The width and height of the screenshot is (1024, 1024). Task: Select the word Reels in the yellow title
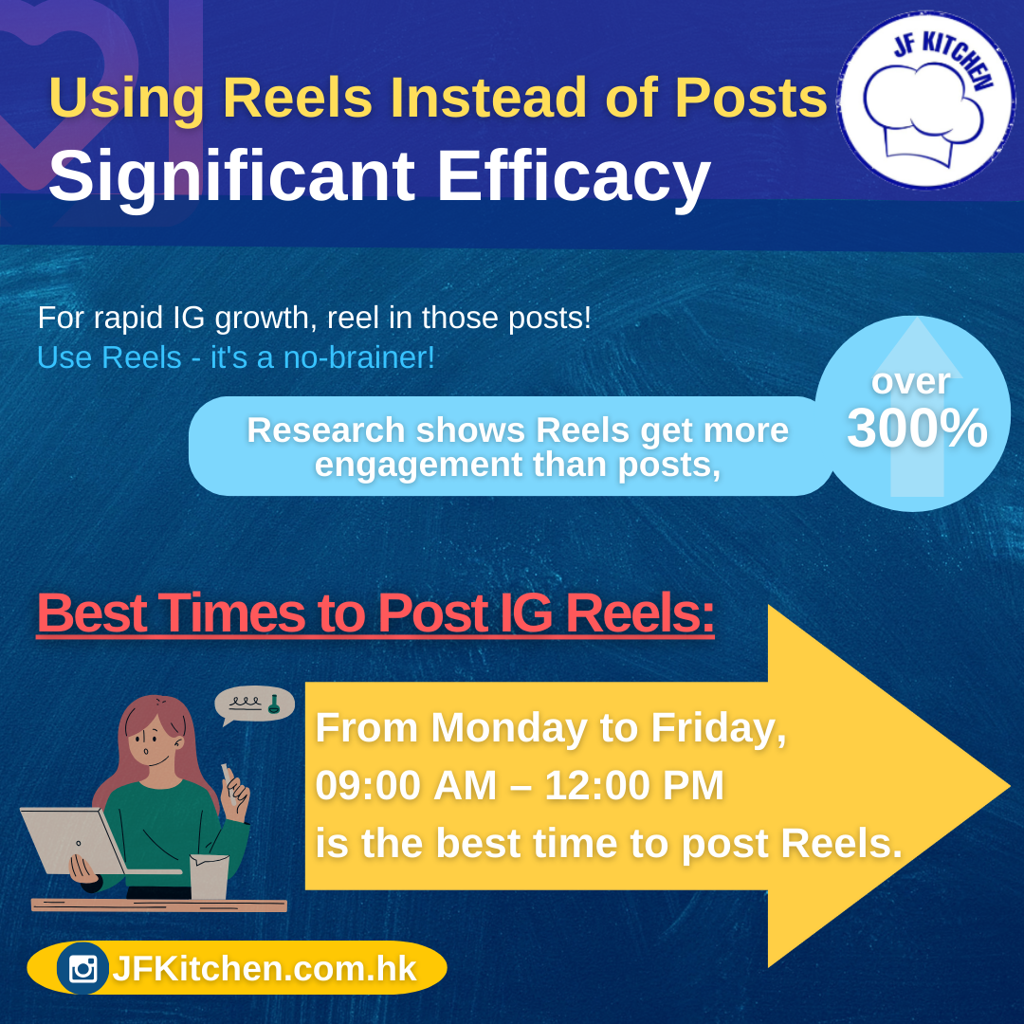pyautogui.click(x=298, y=98)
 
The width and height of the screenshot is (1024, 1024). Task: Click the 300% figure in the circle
pyautogui.click(x=917, y=429)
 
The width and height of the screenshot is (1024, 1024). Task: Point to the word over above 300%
pyautogui.click(x=910, y=381)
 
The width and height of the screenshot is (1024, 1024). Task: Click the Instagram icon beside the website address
pyautogui.click(x=82, y=968)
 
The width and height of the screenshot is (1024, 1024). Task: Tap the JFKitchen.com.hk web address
pyautogui.click(x=264, y=968)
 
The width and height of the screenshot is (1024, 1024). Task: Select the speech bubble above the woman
pyautogui.click(x=254, y=704)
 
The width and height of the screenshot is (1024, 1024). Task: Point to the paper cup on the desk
pyautogui.click(x=209, y=876)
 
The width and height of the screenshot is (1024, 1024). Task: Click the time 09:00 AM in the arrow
pyautogui.click(x=406, y=785)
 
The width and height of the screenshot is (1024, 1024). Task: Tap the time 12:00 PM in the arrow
pyautogui.click(x=634, y=785)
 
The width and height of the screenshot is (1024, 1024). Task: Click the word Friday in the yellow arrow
pyautogui.click(x=719, y=728)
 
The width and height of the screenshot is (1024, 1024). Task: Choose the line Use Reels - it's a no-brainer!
pyautogui.click(x=236, y=357)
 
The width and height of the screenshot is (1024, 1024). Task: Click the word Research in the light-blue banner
pyautogui.click(x=326, y=430)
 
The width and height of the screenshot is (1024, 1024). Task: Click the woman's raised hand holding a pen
pyautogui.click(x=234, y=793)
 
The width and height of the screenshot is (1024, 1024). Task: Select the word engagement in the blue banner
pyautogui.click(x=418, y=465)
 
